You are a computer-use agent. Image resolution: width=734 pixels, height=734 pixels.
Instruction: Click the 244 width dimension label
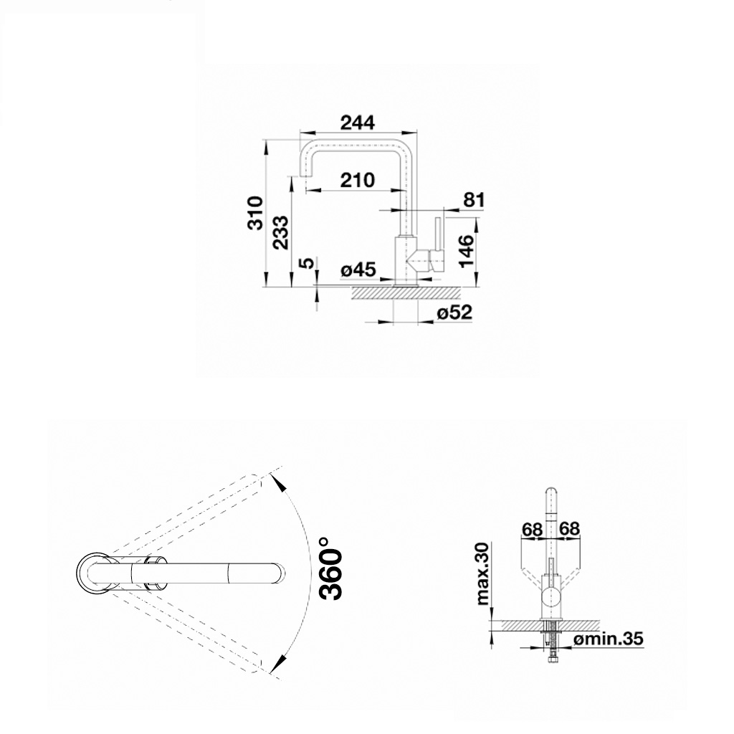(358, 123)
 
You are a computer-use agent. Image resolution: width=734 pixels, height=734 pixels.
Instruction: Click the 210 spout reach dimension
(358, 180)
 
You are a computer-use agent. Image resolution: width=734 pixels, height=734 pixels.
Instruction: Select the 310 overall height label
(256, 213)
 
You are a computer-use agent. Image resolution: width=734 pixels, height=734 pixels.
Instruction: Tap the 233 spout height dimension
(281, 233)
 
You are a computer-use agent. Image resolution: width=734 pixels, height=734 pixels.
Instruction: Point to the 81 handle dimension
(474, 200)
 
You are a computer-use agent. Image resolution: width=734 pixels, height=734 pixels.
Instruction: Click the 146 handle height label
(467, 250)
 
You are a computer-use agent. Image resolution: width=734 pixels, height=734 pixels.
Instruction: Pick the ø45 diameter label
(358, 270)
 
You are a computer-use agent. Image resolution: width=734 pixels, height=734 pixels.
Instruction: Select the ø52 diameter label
(454, 313)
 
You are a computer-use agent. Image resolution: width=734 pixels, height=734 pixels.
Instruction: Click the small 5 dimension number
(307, 263)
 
